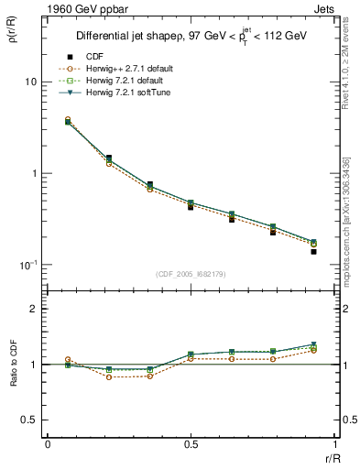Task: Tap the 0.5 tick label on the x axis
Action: [x=191, y=443]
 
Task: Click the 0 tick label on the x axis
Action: [x=48, y=443]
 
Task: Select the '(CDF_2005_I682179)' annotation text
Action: [x=190, y=274]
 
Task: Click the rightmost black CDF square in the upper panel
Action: [x=313, y=251]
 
